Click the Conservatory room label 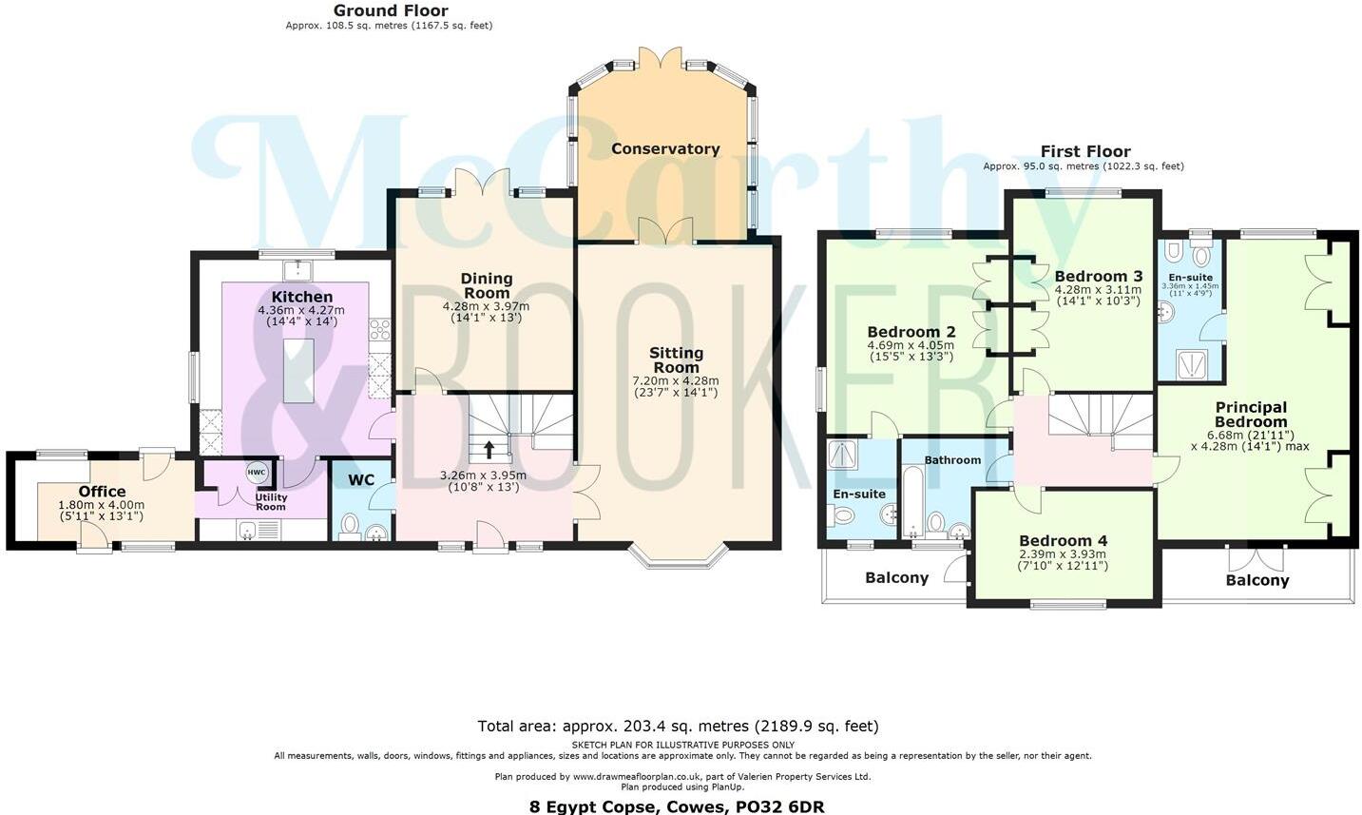tap(664, 148)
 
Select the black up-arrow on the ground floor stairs tap(489, 448)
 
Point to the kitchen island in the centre tap(297, 371)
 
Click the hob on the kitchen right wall tap(380, 329)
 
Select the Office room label tap(102, 492)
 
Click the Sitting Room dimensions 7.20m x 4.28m tap(676, 380)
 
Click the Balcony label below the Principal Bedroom tap(1256, 580)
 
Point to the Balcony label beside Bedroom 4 tap(896, 577)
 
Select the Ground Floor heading tap(390, 10)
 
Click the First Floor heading tap(1084, 151)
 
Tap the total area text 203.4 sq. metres tap(678, 726)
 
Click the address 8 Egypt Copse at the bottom tap(677, 806)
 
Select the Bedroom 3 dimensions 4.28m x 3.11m tap(1097, 290)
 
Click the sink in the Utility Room tap(247, 530)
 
